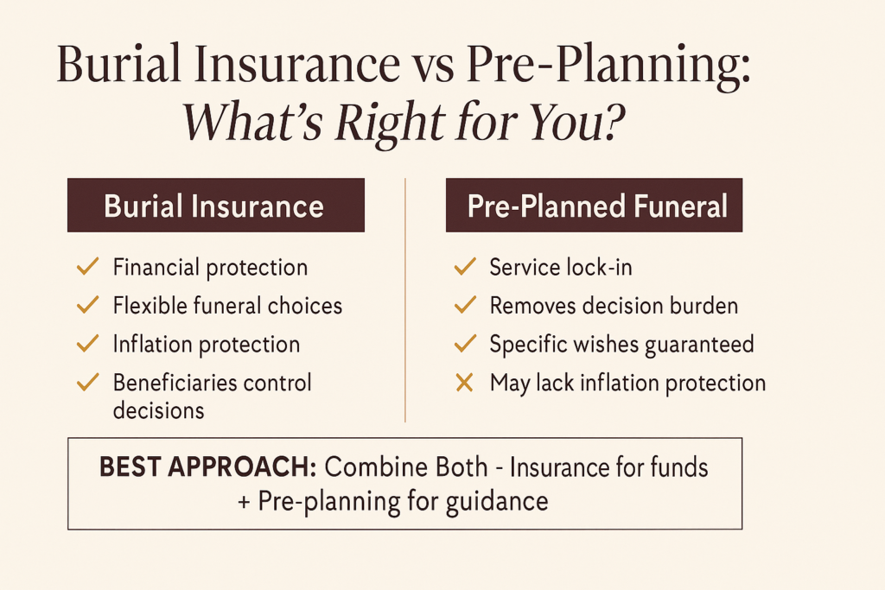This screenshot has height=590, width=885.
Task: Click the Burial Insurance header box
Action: (x=215, y=206)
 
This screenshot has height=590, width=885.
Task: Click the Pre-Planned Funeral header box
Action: (x=594, y=206)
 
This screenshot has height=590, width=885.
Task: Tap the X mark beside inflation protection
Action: (x=464, y=383)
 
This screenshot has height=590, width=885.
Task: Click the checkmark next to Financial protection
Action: (x=87, y=268)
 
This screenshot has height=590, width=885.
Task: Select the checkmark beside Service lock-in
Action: (x=464, y=268)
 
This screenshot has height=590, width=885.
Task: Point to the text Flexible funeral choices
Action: (x=227, y=306)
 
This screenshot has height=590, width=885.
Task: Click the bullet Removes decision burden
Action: (x=614, y=306)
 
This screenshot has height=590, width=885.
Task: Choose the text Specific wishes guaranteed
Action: (x=621, y=345)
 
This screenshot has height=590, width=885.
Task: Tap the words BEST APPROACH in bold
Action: (x=207, y=467)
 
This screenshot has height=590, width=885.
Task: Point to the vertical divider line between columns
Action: (x=405, y=302)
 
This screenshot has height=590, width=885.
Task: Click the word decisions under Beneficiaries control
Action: (x=158, y=409)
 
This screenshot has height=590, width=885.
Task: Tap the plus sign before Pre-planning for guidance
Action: (x=244, y=501)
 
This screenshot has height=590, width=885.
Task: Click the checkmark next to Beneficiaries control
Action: (x=87, y=384)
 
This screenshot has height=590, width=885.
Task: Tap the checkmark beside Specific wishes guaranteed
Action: (x=464, y=345)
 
